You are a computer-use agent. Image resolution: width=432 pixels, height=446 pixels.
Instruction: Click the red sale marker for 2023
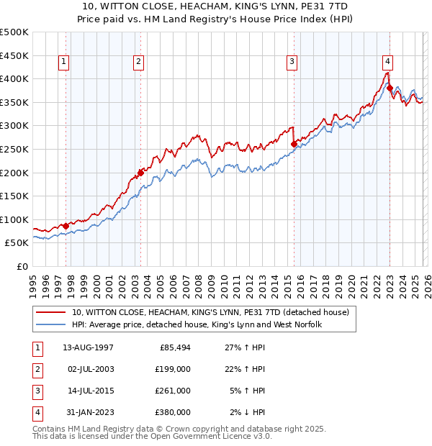[390, 88]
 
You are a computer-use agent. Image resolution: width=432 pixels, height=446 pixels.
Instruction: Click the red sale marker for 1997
[66, 226]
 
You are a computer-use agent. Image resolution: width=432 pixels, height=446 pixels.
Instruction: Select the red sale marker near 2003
[140, 173]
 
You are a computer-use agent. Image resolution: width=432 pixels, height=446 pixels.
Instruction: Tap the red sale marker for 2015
[294, 144]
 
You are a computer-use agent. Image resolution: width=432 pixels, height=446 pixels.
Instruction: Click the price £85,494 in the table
[174, 347]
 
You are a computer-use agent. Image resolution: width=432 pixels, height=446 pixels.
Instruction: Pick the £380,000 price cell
[173, 412]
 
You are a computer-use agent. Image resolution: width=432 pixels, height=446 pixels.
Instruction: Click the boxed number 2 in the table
[36, 369]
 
